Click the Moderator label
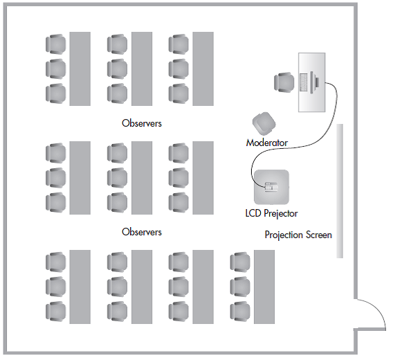(266, 143)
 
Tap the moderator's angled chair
(264, 123)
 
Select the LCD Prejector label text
(271, 213)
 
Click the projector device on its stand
(271, 187)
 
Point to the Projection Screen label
(298, 235)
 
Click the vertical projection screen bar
(340, 190)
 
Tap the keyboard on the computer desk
(304, 82)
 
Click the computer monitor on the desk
(314, 82)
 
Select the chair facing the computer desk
(284, 82)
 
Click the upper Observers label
(142, 123)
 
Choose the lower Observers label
(142, 232)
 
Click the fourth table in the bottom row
(264, 287)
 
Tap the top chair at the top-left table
(55, 44)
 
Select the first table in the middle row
(80, 178)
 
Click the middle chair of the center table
(117, 178)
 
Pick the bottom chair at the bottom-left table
(55, 312)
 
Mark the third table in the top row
(203, 69)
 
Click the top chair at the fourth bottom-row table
(240, 262)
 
